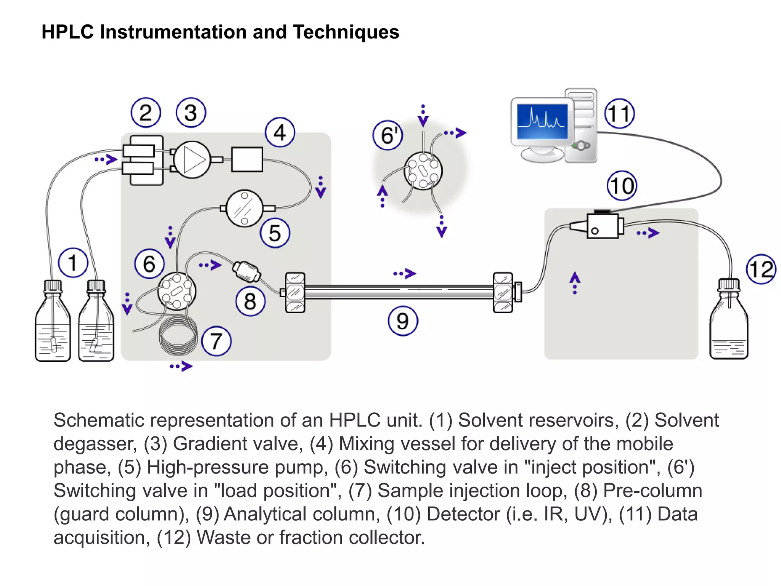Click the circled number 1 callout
pos(73,262)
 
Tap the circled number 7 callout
pos(216,341)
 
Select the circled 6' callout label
pos(388,135)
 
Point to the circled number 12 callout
pos(761,269)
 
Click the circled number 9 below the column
pos(403,321)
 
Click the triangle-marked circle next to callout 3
pos(192,160)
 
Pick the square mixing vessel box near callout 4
pos(247,159)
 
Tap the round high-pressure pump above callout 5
pos(244,208)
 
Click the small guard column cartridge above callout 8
pos(246,271)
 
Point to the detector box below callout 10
pos(603,226)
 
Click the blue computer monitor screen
pos(542,121)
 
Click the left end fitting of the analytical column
pos(295,293)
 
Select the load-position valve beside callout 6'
pos(423,171)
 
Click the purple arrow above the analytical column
pos(405,274)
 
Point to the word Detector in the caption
pos(463,514)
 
